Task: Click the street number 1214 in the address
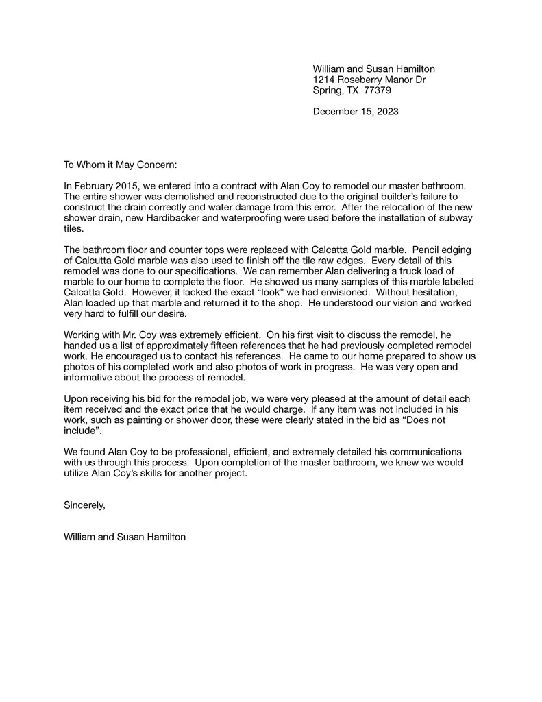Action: point(324,80)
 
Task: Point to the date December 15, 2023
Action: point(356,111)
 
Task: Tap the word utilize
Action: point(79,474)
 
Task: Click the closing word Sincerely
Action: point(84,505)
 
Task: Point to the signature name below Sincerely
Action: point(125,537)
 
